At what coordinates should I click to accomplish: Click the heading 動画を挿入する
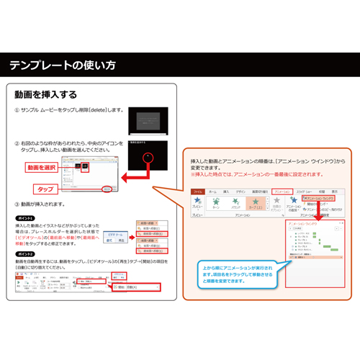click(45, 95)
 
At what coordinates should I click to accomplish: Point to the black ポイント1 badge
click(25, 217)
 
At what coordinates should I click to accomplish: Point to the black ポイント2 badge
click(25, 254)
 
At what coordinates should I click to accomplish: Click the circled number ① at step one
click(17, 110)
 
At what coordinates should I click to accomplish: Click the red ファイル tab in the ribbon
click(197, 192)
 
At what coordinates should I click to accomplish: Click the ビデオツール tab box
click(114, 235)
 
